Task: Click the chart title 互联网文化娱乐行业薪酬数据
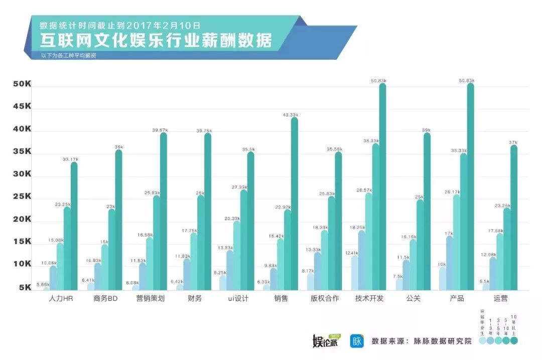(156, 40)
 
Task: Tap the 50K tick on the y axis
(22, 85)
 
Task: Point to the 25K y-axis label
(22, 197)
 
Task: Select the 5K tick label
(25, 288)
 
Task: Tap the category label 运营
(500, 299)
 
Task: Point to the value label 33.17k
(71, 159)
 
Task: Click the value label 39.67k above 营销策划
(160, 130)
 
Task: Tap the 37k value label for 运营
(513, 142)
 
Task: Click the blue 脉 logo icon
(357, 341)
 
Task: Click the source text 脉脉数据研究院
(443, 341)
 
